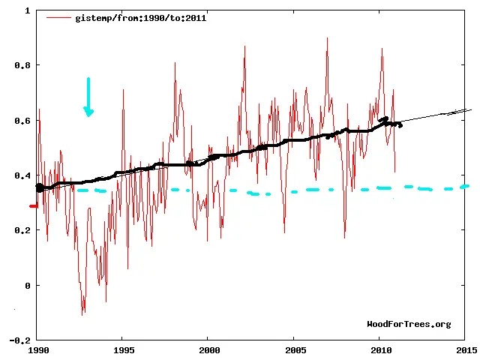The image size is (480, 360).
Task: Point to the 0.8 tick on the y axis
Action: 22,66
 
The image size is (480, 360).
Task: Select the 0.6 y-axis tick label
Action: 22,121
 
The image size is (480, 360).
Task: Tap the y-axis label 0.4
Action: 22,175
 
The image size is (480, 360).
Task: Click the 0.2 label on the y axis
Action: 22,230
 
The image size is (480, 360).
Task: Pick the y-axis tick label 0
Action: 27,286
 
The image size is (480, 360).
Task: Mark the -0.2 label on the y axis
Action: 20,340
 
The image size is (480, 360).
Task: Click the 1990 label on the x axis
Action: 38,349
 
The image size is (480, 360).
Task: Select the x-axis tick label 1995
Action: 124,349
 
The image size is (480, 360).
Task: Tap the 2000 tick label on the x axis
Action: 210,349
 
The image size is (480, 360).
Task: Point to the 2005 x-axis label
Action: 295,349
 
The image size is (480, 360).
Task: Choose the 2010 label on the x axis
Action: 381,349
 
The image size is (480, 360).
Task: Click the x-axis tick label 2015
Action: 466,349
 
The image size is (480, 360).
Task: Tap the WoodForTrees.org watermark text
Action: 409,324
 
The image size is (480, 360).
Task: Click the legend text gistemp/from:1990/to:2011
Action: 140,17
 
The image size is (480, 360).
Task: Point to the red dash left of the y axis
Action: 33,205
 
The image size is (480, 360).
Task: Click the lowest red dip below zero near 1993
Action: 82,313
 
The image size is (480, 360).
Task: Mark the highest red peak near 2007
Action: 327,38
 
